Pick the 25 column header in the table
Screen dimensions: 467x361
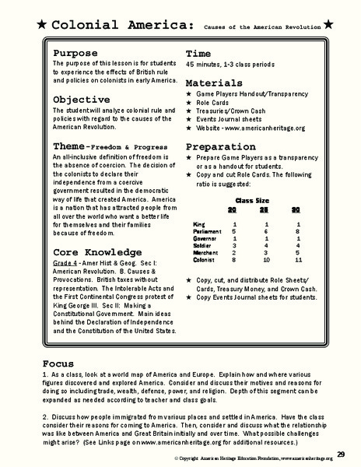point(266,210)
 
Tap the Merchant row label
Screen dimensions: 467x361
point(204,252)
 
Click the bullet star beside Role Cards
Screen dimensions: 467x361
point(189,102)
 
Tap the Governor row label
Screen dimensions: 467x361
point(204,238)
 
